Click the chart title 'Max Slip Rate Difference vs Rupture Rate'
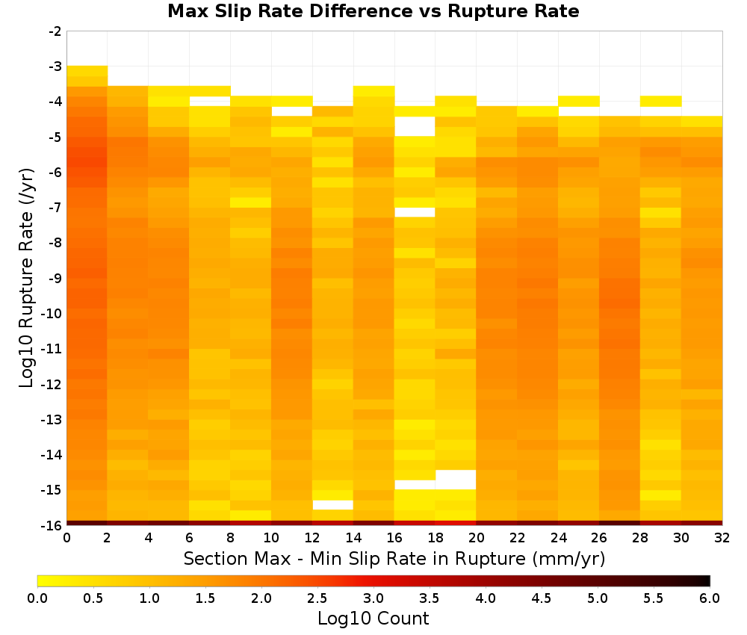373,11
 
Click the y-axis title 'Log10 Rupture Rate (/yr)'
27,278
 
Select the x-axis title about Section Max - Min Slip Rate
394,558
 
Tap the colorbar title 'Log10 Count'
373,619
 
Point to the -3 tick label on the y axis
55,66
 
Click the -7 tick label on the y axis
55,207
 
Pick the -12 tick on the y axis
52,384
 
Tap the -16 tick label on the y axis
52,525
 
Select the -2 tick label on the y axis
55,31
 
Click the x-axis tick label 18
436,538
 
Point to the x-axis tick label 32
722,538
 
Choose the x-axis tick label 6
190,538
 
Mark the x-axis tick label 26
599,538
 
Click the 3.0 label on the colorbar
373,598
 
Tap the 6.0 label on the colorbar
710,598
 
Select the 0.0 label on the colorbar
37,598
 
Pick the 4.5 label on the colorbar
542,598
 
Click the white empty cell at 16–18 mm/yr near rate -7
415,212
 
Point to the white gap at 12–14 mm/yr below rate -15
333,505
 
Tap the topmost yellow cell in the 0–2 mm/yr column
87,71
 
